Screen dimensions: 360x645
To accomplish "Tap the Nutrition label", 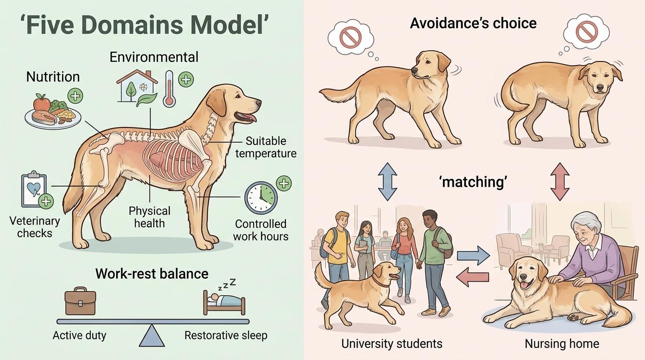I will click(x=53, y=77).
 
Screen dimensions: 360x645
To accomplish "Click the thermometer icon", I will click(x=169, y=89).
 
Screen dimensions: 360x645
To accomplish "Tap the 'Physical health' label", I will click(x=150, y=217).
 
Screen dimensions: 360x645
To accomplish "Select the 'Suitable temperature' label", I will click(x=266, y=147).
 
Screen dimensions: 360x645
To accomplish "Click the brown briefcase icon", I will click(x=80, y=302).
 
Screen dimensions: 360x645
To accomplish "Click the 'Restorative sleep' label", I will click(x=225, y=336).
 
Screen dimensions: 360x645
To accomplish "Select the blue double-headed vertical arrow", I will click(x=387, y=181).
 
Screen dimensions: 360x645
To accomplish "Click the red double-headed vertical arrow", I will click(x=560, y=181).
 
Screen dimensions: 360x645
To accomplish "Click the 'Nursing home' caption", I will click(x=562, y=344).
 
